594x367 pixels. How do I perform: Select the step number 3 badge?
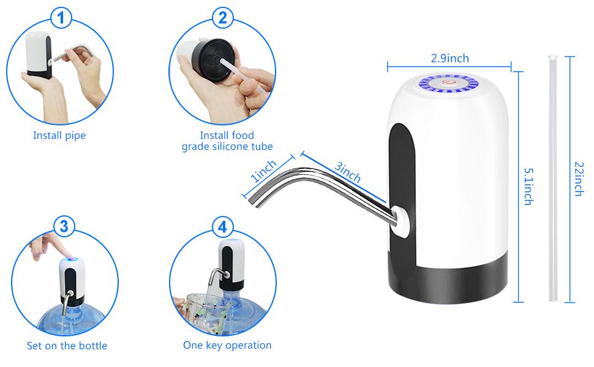(x=64, y=226)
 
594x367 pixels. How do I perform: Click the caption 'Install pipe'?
(x=59, y=135)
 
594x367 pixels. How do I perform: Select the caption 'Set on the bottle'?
(x=67, y=346)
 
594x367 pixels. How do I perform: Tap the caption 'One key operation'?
(x=227, y=345)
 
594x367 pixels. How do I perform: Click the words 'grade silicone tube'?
(x=227, y=147)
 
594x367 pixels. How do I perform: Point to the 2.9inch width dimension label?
(x=449, y=58)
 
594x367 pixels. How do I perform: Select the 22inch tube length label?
(x=578, y=179)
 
